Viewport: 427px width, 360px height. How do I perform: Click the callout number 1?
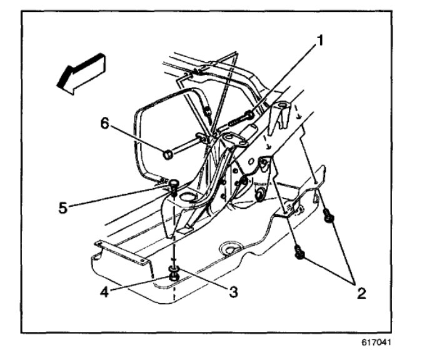[320, 42]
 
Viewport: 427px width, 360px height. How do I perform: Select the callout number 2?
[360, 292]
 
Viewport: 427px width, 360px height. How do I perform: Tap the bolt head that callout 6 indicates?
[168, 153]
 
